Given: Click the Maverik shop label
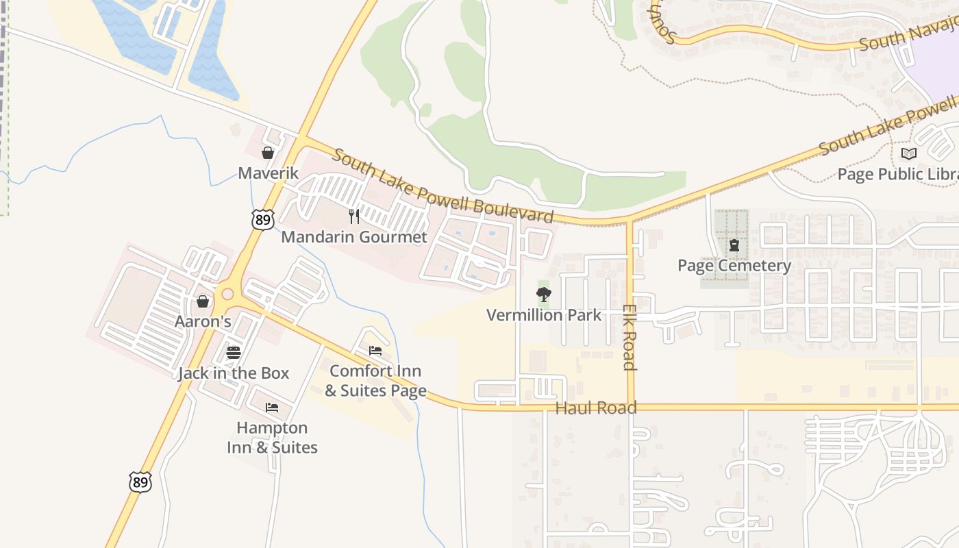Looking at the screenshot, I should pyautogui.click(x=268, y=173).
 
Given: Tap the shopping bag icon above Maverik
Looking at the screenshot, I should pyautogui.click(x=268, y=153).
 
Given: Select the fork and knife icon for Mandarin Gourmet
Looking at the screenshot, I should pyautogui.click(x=354, y=216).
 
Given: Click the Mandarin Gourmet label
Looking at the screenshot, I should pyautogui.click(x=354, y=237).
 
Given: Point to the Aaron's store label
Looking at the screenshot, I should pyautogui.click(x=203, y=321).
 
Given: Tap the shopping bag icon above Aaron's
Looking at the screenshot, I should pyautogui.click(x=203, y=301).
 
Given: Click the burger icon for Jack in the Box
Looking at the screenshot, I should pyautogui.click(x=234, y=353).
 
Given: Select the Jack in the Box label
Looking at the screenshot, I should pyautogui.click(x=234, y=373).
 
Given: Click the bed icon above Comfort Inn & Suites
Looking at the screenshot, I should pyautogui.click(x=375, y=351).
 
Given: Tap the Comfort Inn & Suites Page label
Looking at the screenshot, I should pyautogui.click(x=375, y=381).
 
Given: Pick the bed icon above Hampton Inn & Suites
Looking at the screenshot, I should pyautogui.click(x=272, y=408).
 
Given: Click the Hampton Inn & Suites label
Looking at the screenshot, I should pyautogui.click(x=272, y=438).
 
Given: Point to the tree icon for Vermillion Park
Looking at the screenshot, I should pyautogui.click(x=544, y=295).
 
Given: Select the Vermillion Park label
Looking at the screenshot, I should pyautogui.click(x=544, y=315).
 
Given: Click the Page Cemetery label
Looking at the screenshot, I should pyautogui.click(x=734, y=265).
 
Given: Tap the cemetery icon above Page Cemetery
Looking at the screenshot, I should pyautogui.click(x=734, y=245).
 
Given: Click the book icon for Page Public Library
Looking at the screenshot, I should pyautogui.click(x=909, y=154).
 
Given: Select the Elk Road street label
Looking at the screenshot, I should pyautogui.click(x=630, y=337).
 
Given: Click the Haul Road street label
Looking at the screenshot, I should pyautogui.click(x=596, y=408).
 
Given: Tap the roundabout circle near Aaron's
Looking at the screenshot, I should pyautogui.click(x=227, y=295).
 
